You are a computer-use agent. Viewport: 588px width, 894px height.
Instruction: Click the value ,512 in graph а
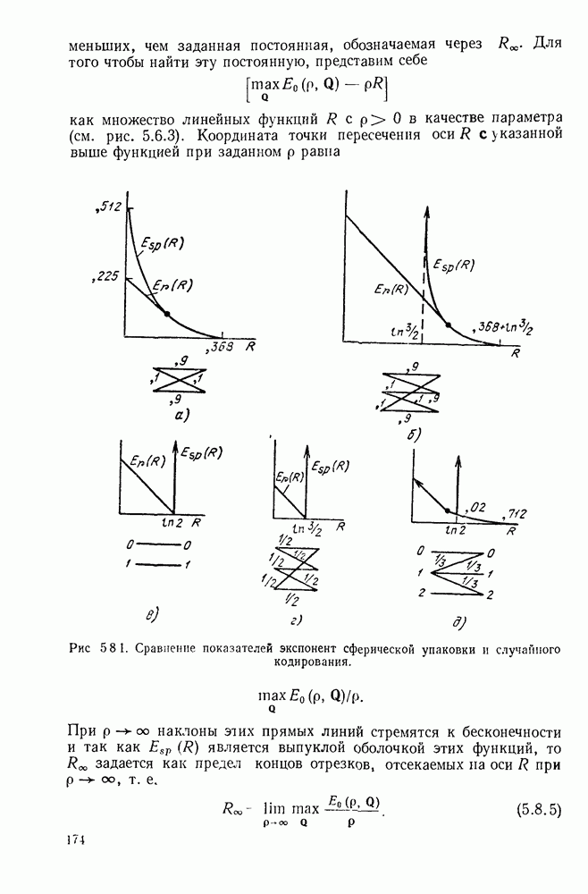(x=107, y=207)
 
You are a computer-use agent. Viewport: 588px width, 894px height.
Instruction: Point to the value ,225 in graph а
(x=105, y=277)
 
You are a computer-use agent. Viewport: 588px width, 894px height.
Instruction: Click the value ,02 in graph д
(x=477, y=507)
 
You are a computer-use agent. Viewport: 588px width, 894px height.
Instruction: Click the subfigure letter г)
(x=295, y=619)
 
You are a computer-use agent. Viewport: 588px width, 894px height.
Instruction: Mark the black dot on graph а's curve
(x=167, y=312)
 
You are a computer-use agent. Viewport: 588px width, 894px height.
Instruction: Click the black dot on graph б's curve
(x=449, y=324)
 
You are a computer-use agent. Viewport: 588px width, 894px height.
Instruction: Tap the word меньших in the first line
(x=97, y=45)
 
